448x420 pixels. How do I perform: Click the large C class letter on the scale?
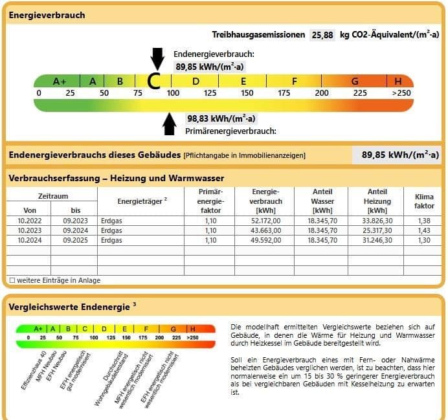(154, 81)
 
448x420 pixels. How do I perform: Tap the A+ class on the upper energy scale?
(60, 82)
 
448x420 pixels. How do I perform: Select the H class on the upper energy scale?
(398, 82)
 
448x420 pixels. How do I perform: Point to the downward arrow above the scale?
(157, 58)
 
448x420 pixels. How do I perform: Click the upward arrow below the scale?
(170, 124)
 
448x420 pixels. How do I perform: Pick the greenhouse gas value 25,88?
(322, 35)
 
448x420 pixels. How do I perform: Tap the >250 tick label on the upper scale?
(401, 93)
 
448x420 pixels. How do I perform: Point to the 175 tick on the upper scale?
(284, 93)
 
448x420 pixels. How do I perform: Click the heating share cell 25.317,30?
(377, 230)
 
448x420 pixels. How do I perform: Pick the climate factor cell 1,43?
(424, 230)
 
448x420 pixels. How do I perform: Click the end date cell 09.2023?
(76, 221)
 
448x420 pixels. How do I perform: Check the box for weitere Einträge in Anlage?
(12, 281)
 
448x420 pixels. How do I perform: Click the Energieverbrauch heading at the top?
(47, 15)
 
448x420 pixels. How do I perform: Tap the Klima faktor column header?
(424, 201)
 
